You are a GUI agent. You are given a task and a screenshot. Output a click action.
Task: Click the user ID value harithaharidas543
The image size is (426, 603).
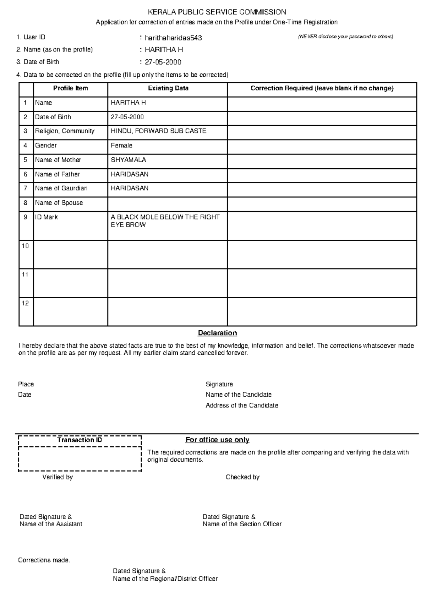(173, 38)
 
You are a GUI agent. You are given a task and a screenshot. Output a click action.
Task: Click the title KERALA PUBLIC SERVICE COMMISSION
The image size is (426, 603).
(217, 12)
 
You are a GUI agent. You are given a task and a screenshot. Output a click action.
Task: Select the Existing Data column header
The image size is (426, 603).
(168, 88)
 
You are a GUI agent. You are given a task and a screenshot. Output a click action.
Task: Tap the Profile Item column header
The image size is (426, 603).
(70, 88)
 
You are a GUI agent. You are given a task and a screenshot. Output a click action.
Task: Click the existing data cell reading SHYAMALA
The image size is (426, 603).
(128, 160)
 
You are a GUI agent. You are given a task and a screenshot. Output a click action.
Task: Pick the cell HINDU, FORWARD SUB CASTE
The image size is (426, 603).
(158, 131)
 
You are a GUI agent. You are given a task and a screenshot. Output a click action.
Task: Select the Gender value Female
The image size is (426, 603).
(121, 146)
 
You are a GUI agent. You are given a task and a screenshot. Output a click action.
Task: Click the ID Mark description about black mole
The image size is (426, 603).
(165, 221)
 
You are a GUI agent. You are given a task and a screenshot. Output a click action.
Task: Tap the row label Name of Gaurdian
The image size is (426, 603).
(61, 188)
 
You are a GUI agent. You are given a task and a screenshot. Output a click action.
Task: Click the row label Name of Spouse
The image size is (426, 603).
(59, 203)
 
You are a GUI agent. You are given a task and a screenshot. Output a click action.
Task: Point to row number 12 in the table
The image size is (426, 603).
(25, 303)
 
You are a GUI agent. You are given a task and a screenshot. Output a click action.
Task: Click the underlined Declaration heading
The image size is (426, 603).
(217, 333)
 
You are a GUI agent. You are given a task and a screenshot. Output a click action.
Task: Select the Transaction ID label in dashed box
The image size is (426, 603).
(80, 440)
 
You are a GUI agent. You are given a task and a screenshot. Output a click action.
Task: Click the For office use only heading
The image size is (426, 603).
(217, 440)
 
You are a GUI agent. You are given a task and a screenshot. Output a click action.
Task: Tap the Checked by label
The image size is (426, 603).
(242, 477)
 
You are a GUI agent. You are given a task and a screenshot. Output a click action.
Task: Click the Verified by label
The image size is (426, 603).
(58, 477)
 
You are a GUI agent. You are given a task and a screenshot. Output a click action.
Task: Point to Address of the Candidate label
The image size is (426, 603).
(242, 406)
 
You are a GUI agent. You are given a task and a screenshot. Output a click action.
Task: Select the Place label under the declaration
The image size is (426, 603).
(26, 384)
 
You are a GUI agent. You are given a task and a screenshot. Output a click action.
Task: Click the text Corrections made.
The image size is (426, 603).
(44, 560)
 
